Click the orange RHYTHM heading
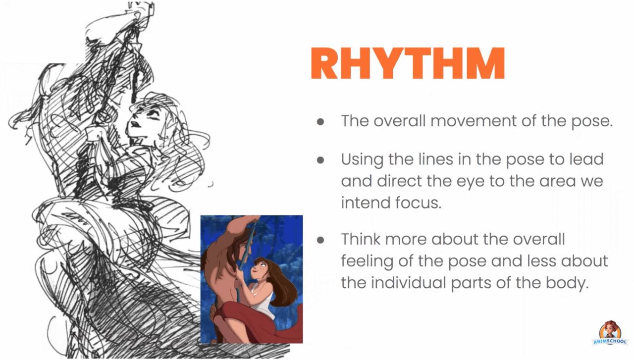pos(407,63)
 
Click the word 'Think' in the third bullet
pos(360,239)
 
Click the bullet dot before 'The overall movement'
pos(320,122)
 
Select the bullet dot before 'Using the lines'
pos(320,160)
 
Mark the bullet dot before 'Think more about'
pos(320,240)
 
